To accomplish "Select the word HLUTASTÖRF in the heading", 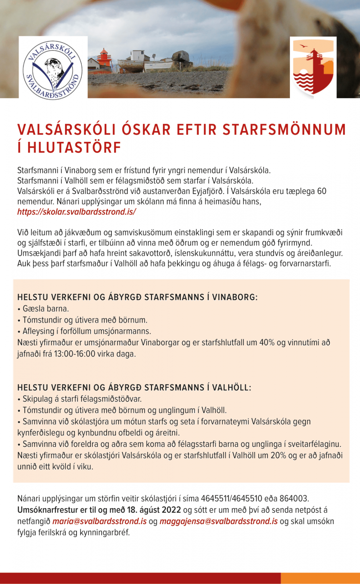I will (x=74, y=148).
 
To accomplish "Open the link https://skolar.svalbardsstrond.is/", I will (x=77, y=212).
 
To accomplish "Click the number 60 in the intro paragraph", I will (x=322, y=191).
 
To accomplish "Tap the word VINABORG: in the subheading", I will (x=235, y=297).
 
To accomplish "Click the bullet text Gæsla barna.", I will (x=45, y=309).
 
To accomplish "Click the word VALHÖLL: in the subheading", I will (x=231, y=387).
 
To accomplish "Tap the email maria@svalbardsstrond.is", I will (x=99, y=521).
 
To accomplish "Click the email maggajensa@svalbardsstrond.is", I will (x=218, y=521).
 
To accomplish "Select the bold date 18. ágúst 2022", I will (x=154, y=510).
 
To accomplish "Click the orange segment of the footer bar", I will (x=320, y=578).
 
